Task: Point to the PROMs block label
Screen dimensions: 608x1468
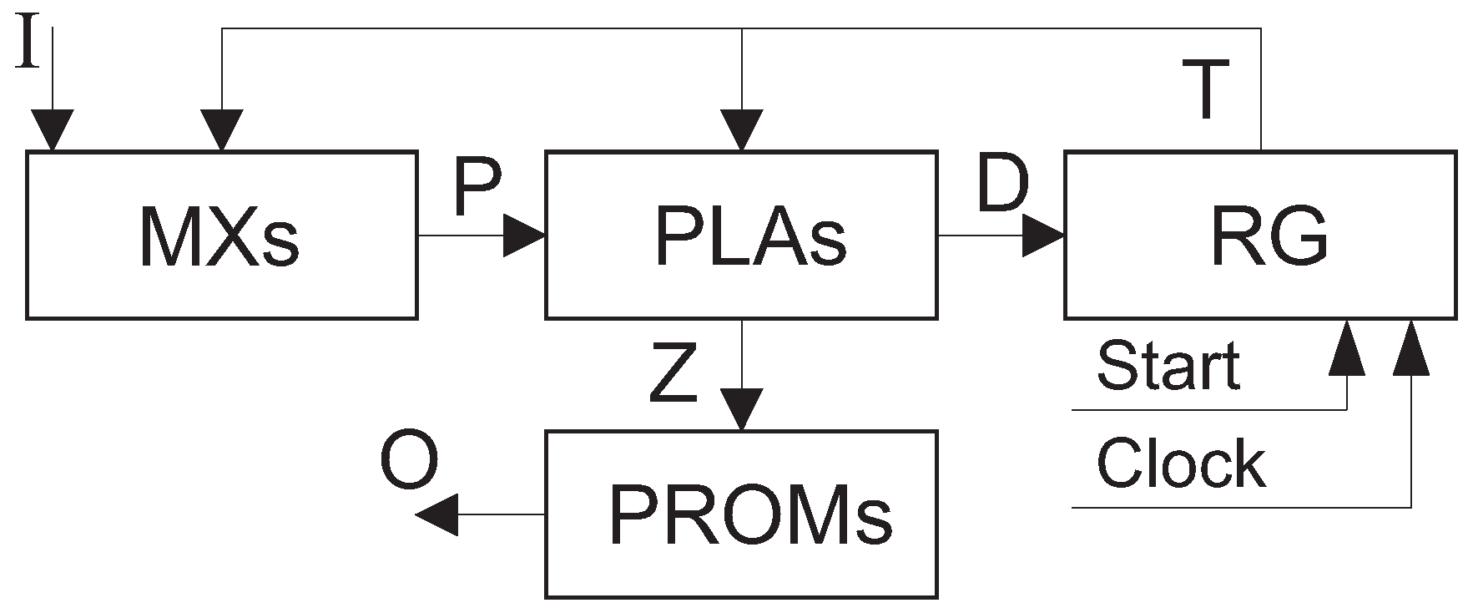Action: tap(750, 513)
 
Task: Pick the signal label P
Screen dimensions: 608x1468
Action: tap(478, 188)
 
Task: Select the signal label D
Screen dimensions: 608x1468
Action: tap(1002, 184)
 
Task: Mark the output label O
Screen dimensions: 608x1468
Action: tap(409, 464)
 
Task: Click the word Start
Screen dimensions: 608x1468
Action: tap(1168, 366)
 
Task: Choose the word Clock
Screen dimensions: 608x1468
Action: tap(1180, 464)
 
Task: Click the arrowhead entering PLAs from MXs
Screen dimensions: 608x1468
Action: tap(524, 236)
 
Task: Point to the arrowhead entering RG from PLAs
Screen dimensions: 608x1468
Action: tap(1043, 236)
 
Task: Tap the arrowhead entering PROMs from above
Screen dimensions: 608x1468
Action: tap(741, 410)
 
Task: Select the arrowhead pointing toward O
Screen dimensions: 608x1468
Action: tap(436, 514)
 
